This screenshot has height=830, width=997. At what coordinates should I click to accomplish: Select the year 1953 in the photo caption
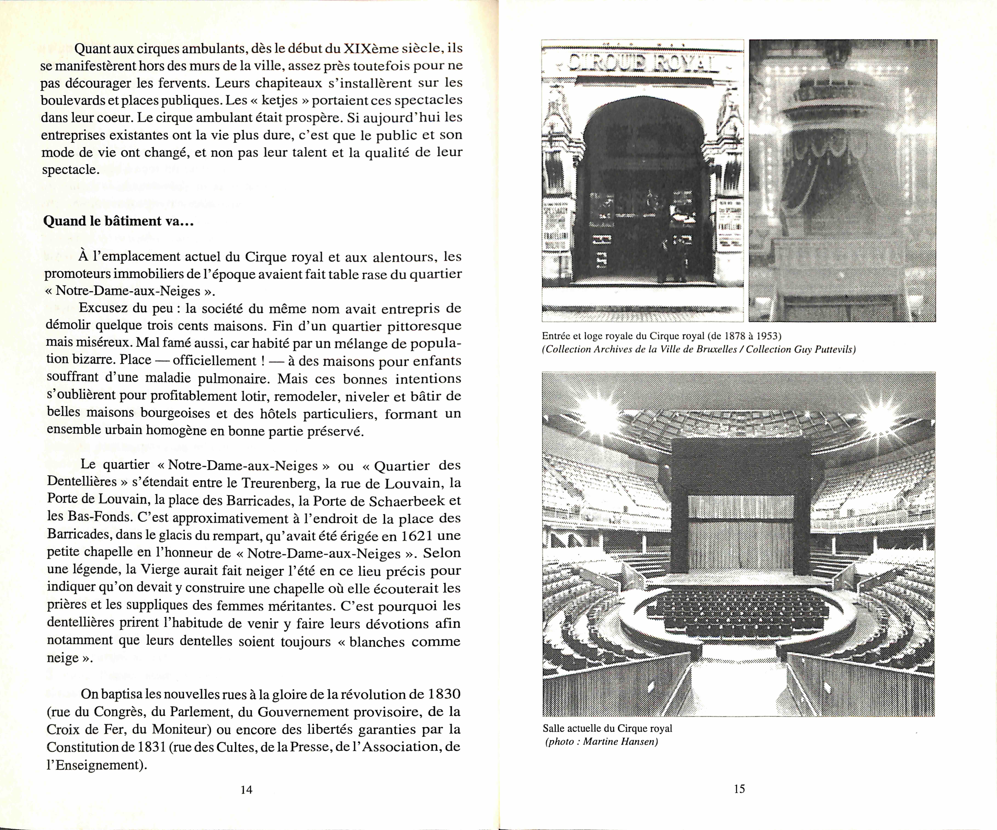(x=768, y=336)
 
